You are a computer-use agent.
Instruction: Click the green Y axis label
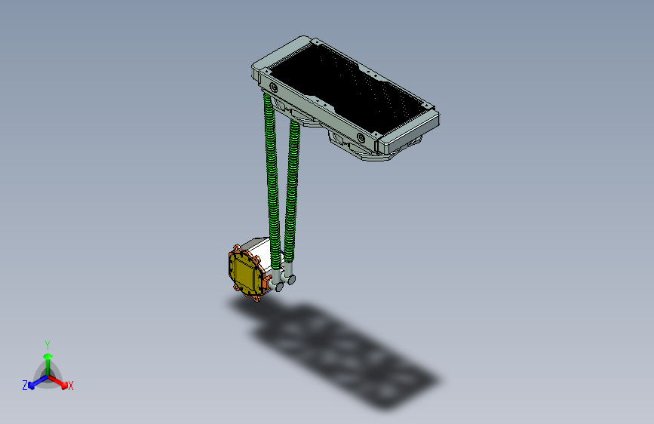point(48,344)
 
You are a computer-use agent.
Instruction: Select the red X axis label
point(71,386)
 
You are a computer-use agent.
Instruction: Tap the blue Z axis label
point(25,385)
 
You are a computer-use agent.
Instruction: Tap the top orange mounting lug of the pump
point(238,247)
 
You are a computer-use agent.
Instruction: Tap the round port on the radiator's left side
point(273,88)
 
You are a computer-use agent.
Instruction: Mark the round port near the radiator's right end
point(361,138)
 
